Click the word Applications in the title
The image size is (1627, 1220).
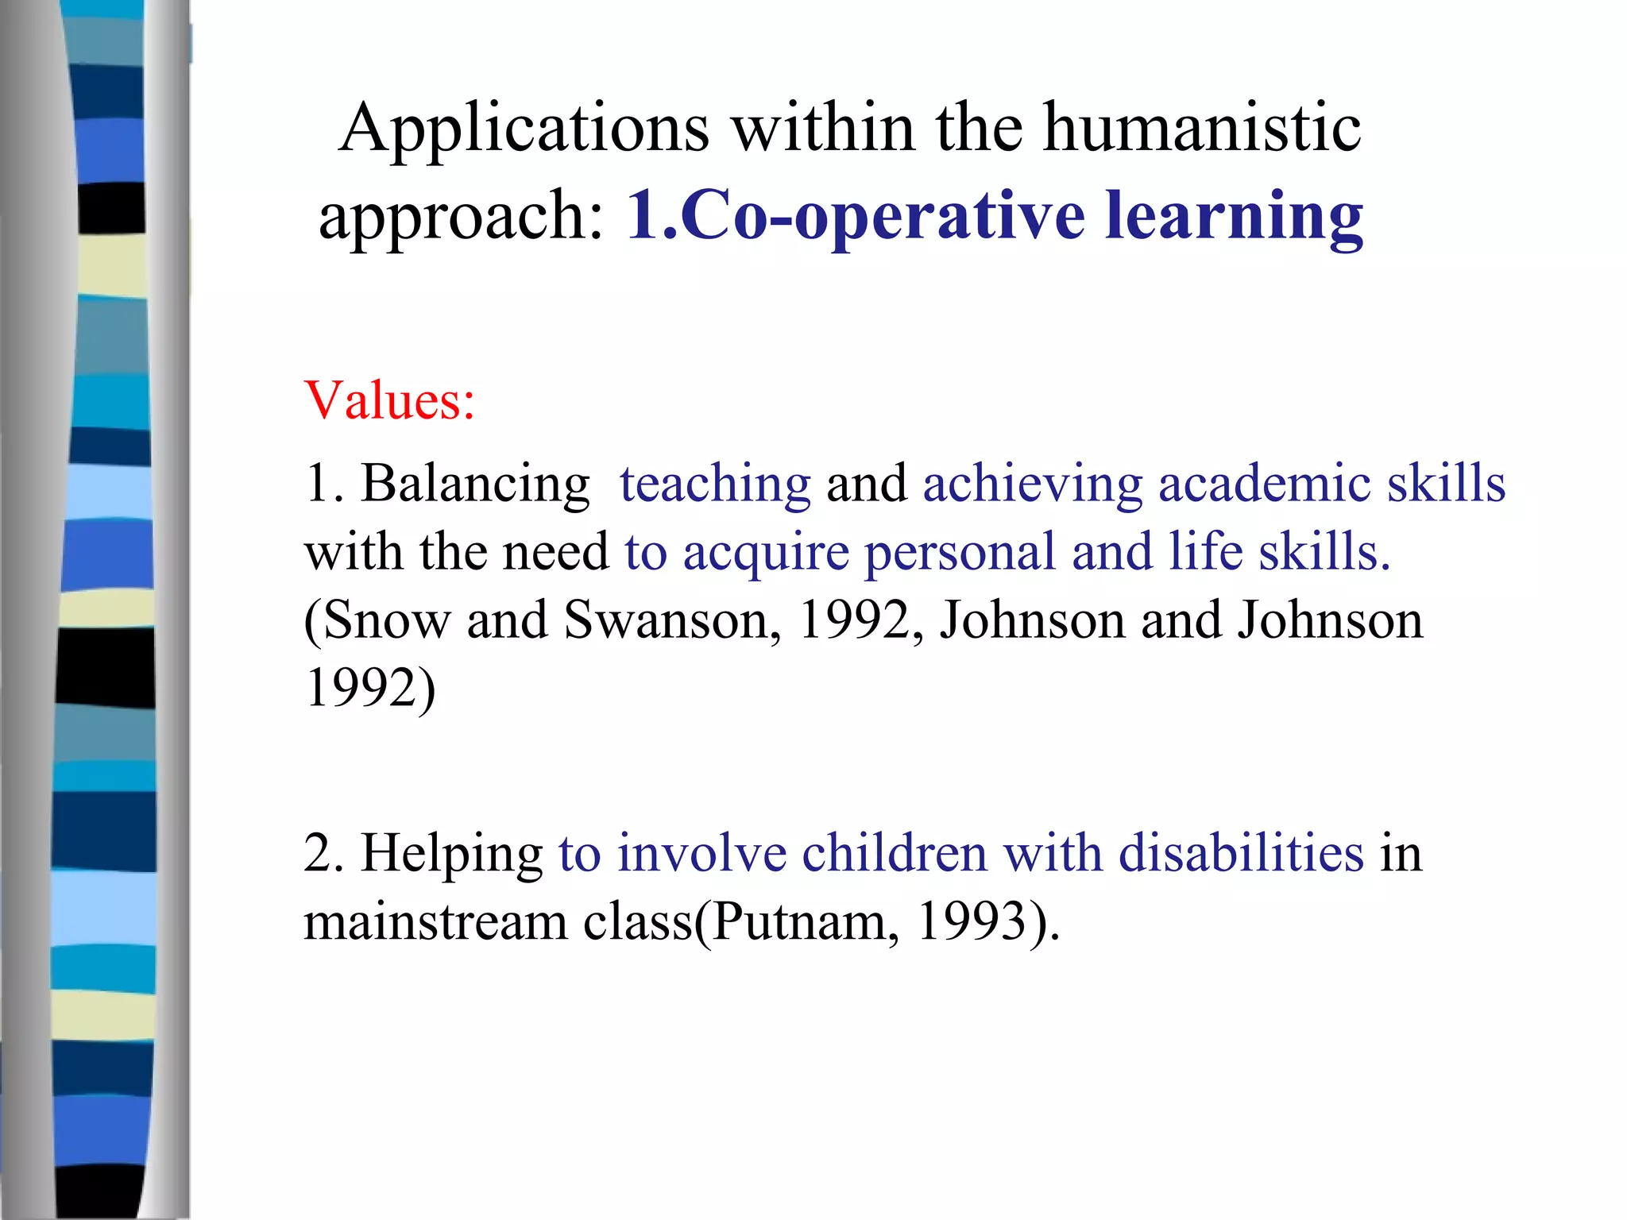point(524,129)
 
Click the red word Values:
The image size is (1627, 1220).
point(389,400)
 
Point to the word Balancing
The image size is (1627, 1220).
point(475,485)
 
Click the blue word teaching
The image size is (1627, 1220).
point(715,485)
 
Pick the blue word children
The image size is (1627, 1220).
point(894,853)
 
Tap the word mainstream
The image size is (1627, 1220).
point(435,922)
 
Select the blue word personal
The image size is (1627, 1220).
point(959,553)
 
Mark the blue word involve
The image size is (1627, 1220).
point(702,853)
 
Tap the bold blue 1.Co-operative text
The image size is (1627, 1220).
point(855,216)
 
